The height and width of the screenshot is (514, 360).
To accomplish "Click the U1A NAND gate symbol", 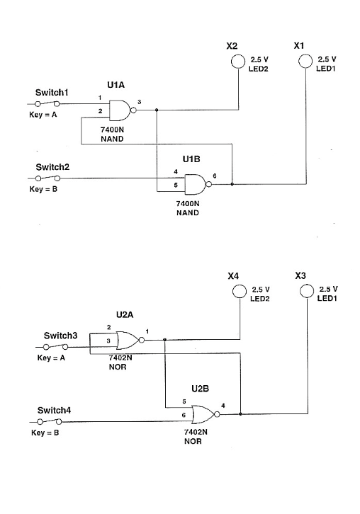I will (x=124, y=110).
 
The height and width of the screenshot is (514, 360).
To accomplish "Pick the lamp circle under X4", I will (x=241, y=292).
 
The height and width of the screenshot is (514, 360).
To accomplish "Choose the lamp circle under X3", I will (x=307, y=292).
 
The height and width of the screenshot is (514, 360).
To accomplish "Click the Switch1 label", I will (x=52, y=93).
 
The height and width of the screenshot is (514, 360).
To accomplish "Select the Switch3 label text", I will (x=60, y=335).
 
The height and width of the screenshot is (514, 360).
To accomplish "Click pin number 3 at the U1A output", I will (x=140, y=103).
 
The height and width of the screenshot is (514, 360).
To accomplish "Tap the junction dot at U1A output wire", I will (x=156, y=110).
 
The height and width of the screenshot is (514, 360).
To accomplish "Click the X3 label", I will (x=300, y=275).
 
